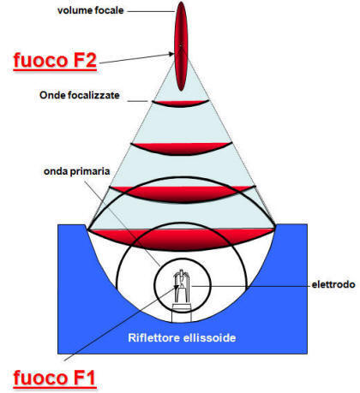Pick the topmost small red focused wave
[x=180, y=103]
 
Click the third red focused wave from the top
[x=180, y=188]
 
